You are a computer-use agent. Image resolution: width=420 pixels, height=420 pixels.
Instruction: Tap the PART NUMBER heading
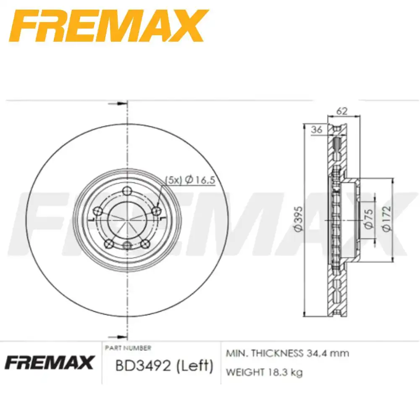coord(128,348)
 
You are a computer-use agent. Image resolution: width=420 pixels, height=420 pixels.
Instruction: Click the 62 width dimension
coord(342,111)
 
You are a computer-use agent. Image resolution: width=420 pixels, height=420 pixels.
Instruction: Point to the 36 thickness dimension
coord(317,130)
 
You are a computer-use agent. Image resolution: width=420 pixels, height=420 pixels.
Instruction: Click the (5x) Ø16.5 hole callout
coord(189,180)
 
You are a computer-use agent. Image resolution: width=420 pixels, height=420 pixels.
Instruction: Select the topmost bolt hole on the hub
coord(127,192)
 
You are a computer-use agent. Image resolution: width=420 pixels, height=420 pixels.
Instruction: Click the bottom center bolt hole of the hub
coord(127,245)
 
